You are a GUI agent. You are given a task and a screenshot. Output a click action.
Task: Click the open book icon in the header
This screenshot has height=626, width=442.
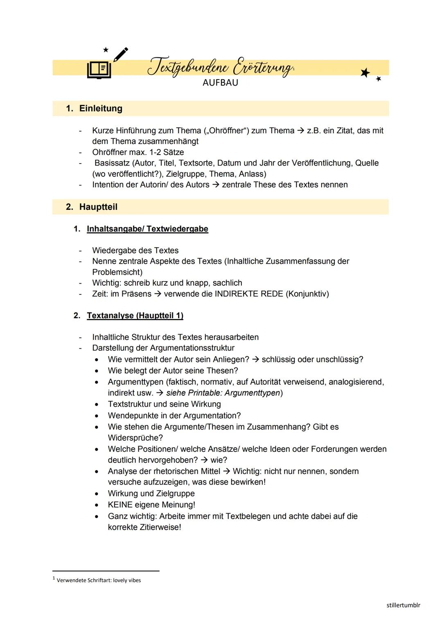point(99,70)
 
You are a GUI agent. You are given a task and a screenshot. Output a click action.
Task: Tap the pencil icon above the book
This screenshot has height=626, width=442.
point(121,54)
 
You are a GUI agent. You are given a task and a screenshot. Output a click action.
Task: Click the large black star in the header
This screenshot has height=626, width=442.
point(365,73)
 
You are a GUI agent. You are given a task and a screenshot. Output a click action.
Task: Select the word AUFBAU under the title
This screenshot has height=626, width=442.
point(220,83)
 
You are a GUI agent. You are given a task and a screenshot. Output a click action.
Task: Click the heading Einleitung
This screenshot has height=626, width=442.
point(101,109)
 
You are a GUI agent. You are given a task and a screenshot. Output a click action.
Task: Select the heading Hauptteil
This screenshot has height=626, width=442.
point(98,207)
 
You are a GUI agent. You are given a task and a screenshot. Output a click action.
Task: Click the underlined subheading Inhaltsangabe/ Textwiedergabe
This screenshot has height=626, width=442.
point(147,229)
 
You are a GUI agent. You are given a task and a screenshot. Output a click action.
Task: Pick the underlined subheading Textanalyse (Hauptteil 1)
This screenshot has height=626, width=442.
point(135,316)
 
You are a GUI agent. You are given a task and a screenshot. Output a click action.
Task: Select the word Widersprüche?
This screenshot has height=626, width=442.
point(135,438)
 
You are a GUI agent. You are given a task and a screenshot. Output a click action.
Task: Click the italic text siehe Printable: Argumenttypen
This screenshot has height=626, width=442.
point(223,393)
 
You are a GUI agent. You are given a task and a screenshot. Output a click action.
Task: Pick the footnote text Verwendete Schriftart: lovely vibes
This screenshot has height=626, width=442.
point(99,580)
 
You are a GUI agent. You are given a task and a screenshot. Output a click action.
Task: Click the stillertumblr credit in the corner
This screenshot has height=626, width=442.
point(403,605)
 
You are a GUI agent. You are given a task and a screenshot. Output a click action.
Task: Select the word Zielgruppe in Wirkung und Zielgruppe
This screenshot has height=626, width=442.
point(175,494)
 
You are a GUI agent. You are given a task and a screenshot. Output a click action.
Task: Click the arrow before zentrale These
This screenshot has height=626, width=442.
point(216,185)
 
